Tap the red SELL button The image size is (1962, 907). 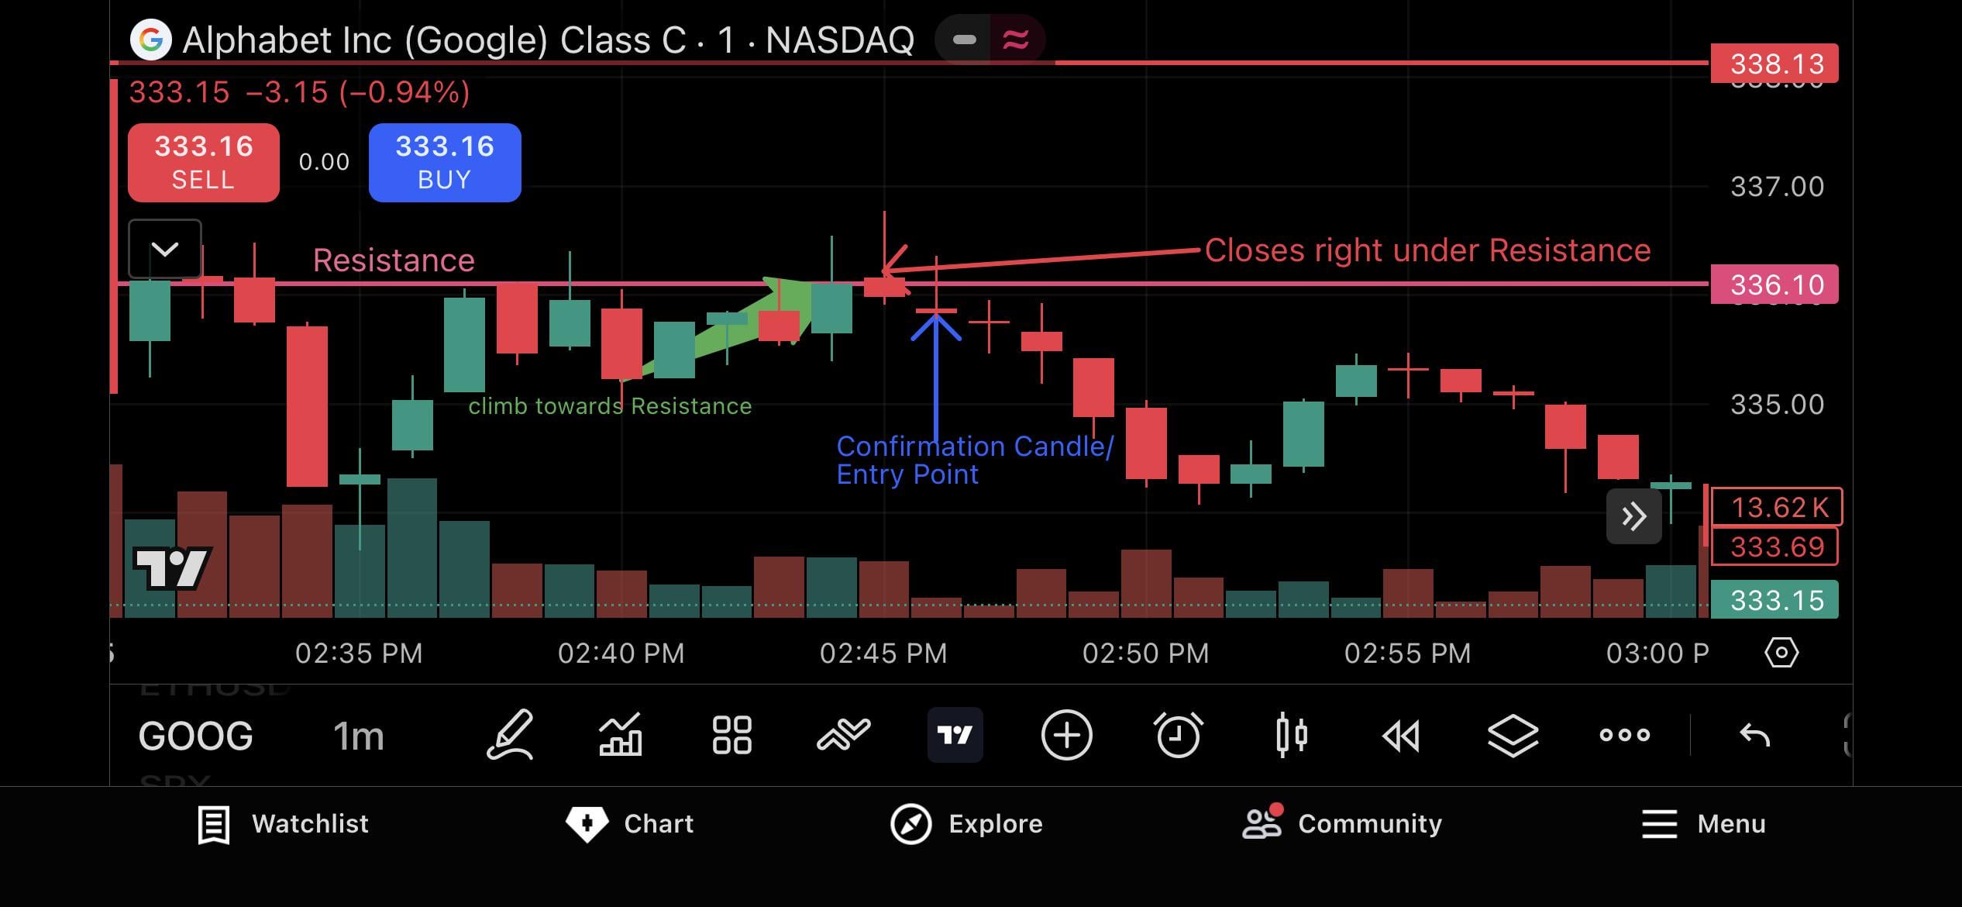click(x=203, y=162)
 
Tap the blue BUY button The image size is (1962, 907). click(x=445, y=162)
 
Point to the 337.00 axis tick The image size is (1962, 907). click(x=1777, y=187)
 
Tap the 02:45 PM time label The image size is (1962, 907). click(x=883, y=654)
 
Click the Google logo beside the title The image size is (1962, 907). click(x=150, y=40)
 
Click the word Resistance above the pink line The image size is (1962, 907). click(x=394, y=260)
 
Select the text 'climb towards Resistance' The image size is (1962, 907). click(x=610, y=406)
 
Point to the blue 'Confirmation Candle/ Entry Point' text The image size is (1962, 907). click(x=974, y=460)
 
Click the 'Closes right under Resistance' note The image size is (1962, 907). click(x=1427, y=250)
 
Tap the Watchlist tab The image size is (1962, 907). click(x=284, y=823)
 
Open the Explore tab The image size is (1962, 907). click(x=966, y=823)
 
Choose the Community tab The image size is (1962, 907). click(x=1342, y=823)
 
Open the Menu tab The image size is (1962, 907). click(x=1703, y=823)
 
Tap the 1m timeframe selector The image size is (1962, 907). click(x=358, y=736)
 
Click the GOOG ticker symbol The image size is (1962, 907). click(x=195, y=736)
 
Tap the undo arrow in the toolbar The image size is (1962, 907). click(x=1754, y=735)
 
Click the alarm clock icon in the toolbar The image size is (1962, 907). click(x=1178, y=735)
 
